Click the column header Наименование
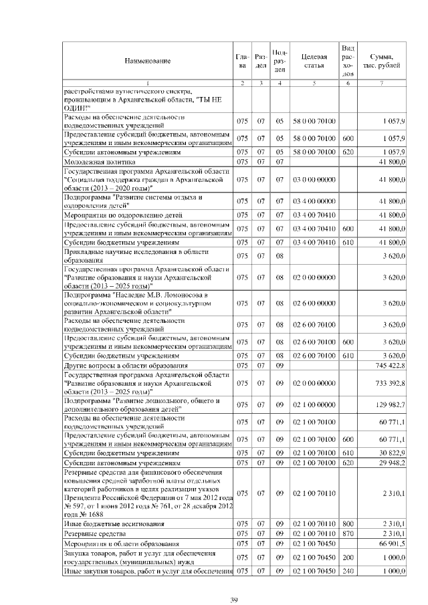(146, 61)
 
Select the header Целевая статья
(314, 61)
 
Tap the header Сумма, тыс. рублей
(381, 61)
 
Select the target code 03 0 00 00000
(314, 180)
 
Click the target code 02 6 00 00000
(314, 303)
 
